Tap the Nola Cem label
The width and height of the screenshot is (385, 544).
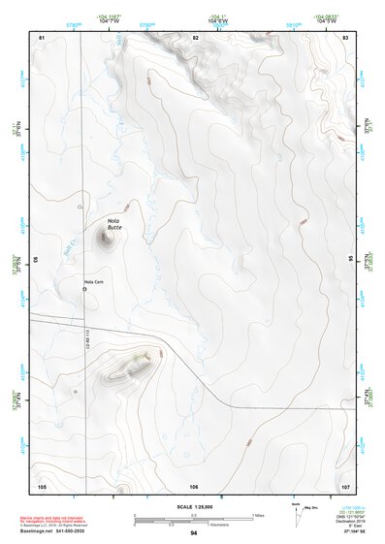93,282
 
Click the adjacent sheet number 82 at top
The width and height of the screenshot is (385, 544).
195,36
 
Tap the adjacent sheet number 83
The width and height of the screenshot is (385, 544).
345,36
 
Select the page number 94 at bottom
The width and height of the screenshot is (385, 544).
193,533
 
